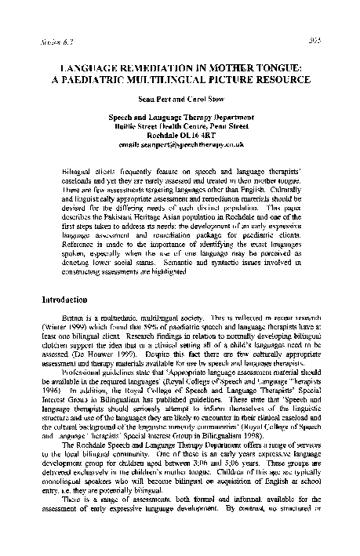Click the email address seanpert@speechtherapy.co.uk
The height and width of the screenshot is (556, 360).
[180, 144]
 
